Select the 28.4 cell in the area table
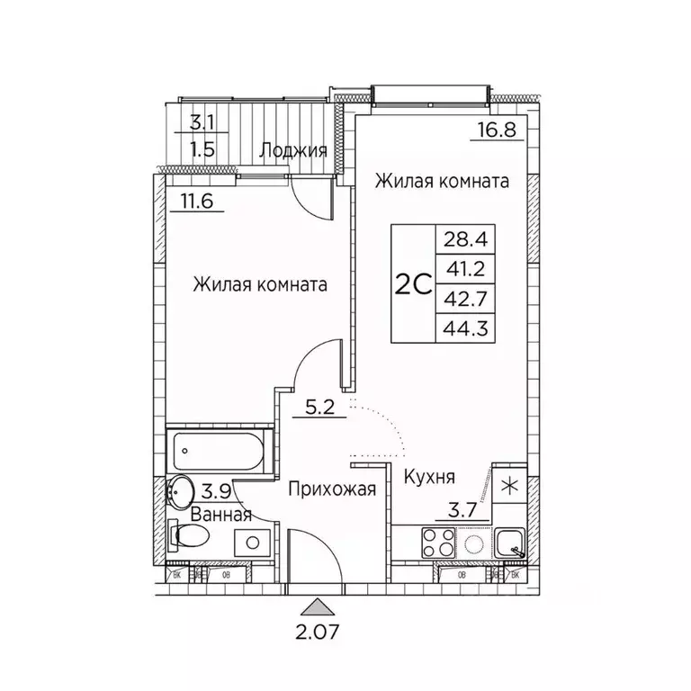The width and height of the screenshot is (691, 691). coord(456,239)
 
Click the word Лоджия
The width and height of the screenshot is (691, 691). coord(292,150)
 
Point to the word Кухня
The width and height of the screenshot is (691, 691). coord(428,477)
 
